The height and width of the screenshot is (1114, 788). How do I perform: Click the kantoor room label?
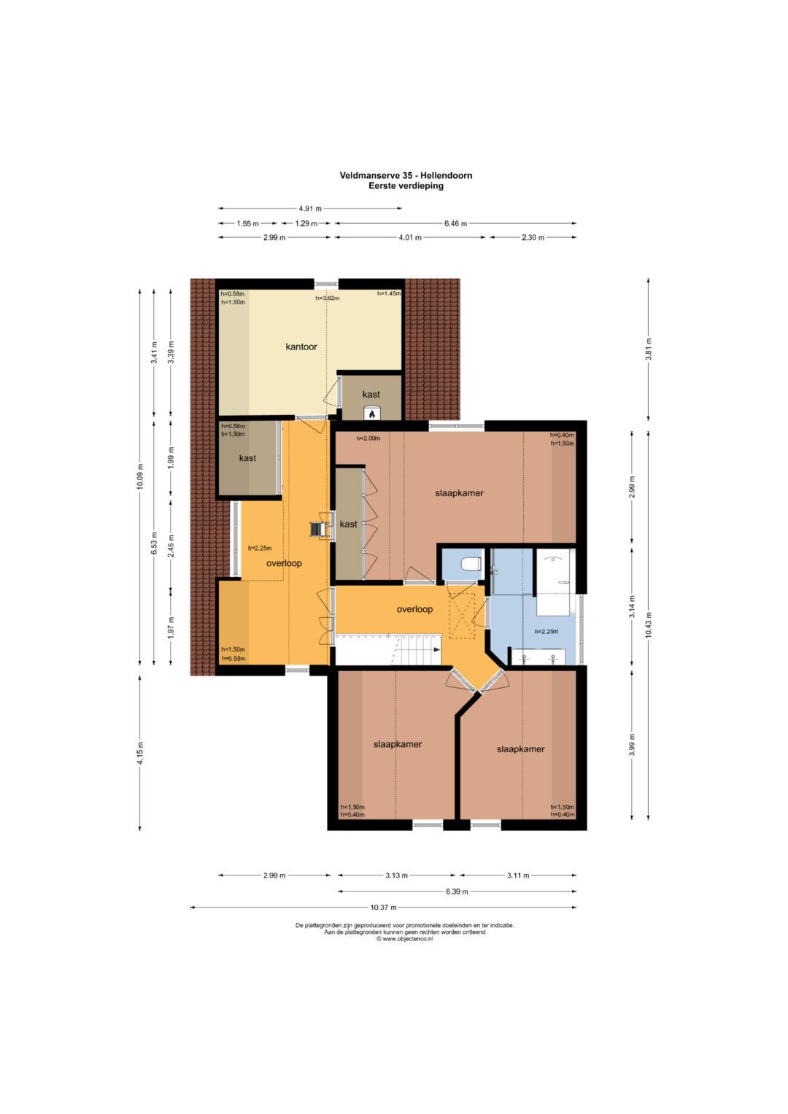(301, 347)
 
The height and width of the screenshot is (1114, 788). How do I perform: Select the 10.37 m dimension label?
(383, 907)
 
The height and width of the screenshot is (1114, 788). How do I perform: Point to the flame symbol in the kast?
(371, 413)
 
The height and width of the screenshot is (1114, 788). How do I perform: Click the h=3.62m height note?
(328, 298)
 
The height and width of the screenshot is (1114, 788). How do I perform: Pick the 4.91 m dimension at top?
(310, 209)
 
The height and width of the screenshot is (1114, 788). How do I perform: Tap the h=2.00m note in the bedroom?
(368, 438)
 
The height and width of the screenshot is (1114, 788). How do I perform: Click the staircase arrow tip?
(439, 649)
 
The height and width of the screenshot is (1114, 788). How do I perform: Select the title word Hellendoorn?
(447, 175)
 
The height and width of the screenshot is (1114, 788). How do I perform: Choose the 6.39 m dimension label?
(457, 891)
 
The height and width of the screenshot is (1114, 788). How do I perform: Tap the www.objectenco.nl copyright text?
(404, 938)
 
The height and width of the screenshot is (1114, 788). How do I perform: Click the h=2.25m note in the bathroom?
(546, 632)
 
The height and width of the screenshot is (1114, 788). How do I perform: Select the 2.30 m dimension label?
(533, 237)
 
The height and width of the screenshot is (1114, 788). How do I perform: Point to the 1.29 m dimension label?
(306, 223)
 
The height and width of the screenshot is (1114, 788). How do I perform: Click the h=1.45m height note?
(388, 293)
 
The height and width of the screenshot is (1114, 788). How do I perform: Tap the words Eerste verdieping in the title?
(406, 186)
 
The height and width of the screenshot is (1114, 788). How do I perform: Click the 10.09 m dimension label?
(140, 477)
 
